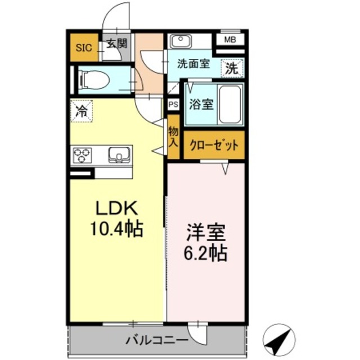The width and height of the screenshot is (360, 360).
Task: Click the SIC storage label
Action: [84, 48]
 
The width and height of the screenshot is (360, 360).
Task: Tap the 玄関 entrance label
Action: [116, 43]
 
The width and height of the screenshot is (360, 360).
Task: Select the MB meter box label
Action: [231, 39]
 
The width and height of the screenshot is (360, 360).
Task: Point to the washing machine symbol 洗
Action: [231, 68]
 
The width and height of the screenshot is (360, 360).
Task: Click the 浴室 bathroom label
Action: [201, 105]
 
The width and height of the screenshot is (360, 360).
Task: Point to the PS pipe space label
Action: [173, 104]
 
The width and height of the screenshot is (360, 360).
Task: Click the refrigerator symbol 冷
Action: [82, 110]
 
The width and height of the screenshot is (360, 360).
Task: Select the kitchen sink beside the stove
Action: [118, 155]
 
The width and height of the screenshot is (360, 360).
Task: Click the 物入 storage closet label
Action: [173, 138]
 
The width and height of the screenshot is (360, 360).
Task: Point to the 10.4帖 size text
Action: [116, 229]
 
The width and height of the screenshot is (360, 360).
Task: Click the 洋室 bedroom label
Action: [206, 233]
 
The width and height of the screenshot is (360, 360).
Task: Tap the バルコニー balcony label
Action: [148, 340]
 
